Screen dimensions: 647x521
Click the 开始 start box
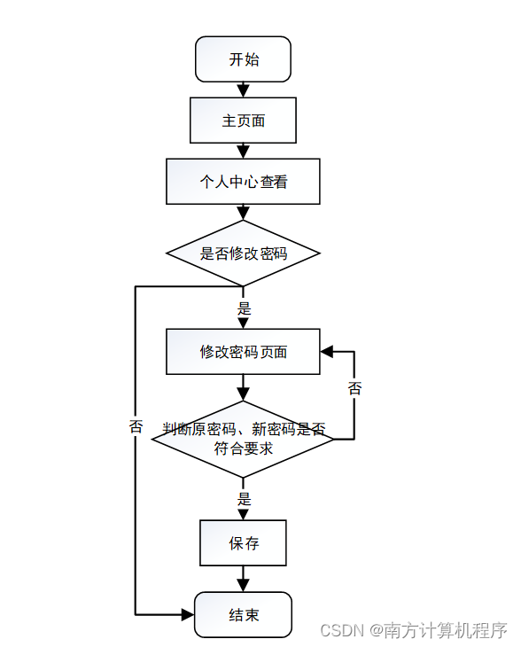pos(243,59)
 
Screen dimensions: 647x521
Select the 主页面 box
pos(243,121)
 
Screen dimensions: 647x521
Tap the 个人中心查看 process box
pos(243,182)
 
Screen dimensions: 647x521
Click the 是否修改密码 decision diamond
pos(243,253)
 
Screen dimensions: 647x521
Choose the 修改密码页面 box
pos(243,352)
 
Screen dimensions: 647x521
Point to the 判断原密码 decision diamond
pos(243,439)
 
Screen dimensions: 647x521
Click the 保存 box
pos(243,543)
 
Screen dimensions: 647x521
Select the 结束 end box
pos(243,614)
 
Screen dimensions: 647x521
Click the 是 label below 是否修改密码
pos(245,309)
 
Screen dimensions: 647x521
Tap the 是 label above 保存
pos(245,499)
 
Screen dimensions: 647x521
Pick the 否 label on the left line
pos(136,427)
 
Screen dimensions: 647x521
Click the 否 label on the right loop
pos(354,388)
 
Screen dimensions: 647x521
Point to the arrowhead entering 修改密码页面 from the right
pos(326,352)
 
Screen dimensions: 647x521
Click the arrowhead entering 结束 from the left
pos(188,613)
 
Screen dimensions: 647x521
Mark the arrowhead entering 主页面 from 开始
pos(243,91)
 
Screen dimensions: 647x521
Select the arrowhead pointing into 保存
pos(243,514)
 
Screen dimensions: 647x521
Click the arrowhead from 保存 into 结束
pos(243,586)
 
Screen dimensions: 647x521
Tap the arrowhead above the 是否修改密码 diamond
pos(243,214)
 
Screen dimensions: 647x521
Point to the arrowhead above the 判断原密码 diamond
pos(243,394)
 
